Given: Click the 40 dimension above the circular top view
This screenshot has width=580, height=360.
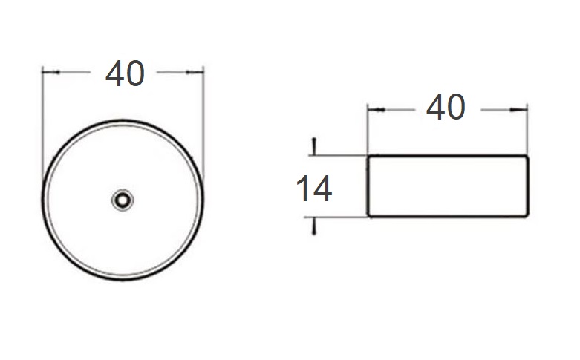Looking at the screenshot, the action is point(125,73).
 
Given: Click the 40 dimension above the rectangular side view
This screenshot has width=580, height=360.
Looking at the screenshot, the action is point(446,107).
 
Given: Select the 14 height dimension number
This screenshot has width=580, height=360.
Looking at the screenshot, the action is point(314,189).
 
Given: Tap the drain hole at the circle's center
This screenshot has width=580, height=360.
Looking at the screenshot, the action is point(123,200).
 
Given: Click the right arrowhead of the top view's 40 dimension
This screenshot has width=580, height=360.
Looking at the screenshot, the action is point(195,72).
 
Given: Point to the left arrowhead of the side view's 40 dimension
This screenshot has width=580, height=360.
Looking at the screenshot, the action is point(377,110).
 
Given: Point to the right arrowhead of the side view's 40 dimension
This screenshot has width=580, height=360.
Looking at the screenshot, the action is point(518,109).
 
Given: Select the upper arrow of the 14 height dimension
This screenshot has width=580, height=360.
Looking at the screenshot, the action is point(314,147).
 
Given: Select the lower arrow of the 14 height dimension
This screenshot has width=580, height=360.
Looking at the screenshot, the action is point(314,226).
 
